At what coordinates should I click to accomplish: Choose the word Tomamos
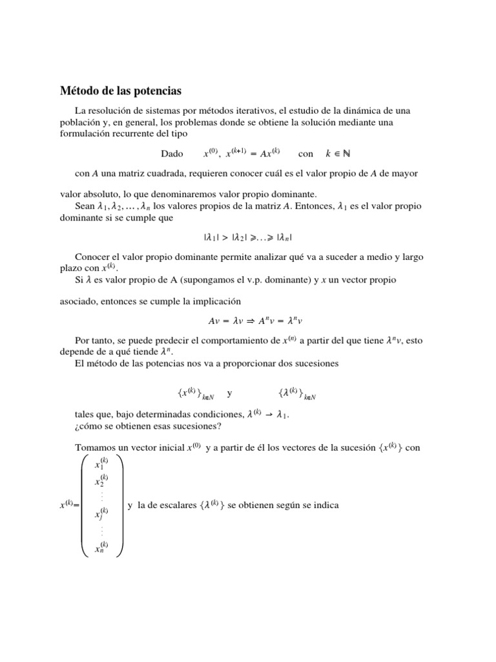(x=96, y=447)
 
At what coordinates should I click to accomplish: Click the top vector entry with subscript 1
(x=101, y=464)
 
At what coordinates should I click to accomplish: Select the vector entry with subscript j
(x=101, y=514)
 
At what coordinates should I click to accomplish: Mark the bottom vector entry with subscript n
(x=101, y=548)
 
